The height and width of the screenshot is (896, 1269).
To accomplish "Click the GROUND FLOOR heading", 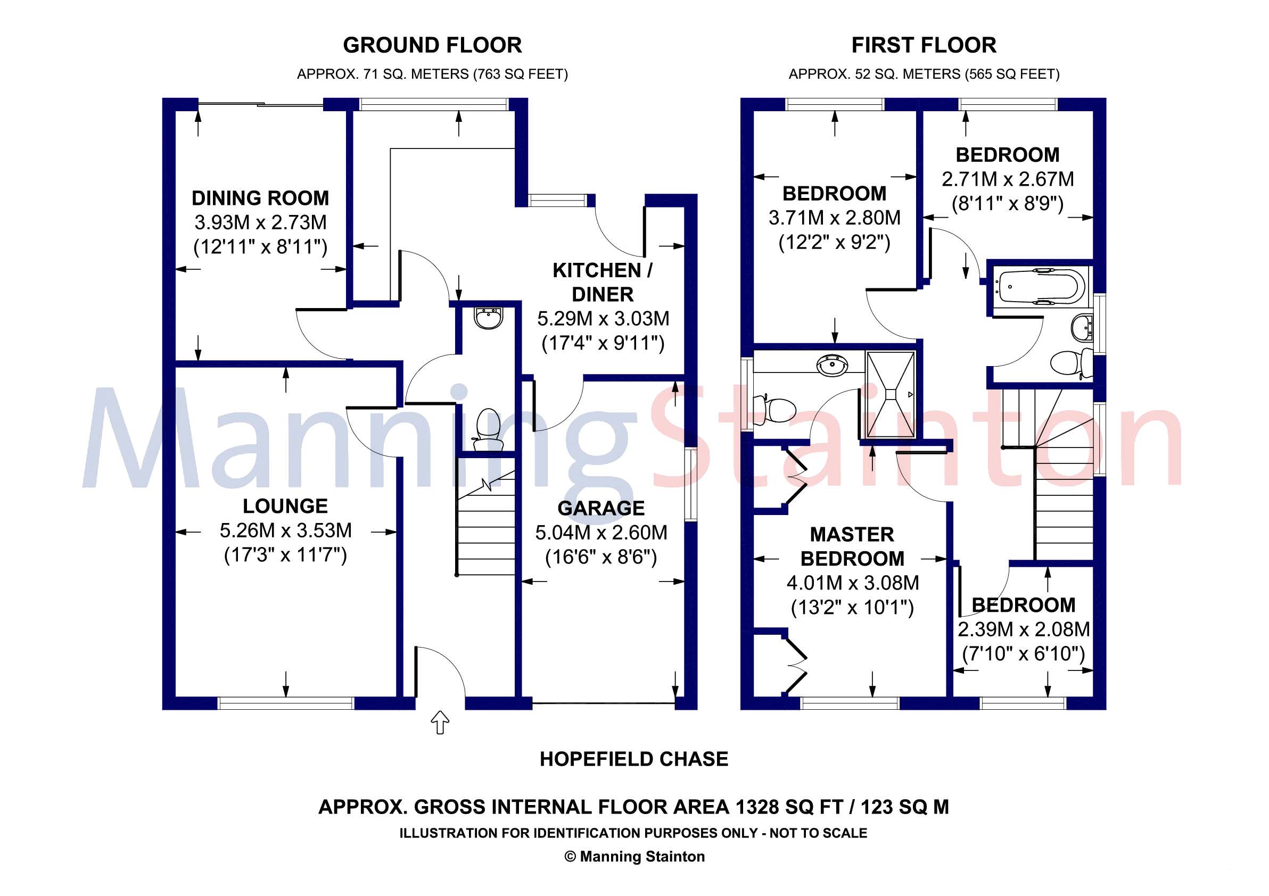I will click(432, 45).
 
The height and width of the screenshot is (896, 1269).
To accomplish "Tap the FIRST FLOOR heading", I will click(924, 45).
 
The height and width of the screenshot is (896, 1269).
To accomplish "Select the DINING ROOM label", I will click(260, 198).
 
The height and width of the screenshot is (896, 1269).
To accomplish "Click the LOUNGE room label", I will click(285, 506).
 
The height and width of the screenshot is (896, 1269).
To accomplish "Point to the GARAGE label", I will click(601, 508).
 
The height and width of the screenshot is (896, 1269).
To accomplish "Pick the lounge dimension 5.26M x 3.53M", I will click(286, 530).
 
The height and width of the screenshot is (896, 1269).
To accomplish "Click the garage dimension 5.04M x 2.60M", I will click(601, 533).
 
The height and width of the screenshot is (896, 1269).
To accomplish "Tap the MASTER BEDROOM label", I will click(852, 547).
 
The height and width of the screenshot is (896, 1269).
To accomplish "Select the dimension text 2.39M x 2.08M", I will click(1024, 629).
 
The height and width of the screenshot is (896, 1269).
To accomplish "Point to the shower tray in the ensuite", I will click(891, 393).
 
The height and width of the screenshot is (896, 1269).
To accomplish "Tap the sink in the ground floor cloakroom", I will click(488, 318).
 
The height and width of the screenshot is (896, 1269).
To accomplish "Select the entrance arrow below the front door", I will click(440, 723).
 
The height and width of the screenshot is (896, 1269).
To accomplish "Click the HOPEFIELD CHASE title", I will click(634, 759).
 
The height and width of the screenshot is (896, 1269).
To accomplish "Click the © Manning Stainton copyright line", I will click(634, 857).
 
